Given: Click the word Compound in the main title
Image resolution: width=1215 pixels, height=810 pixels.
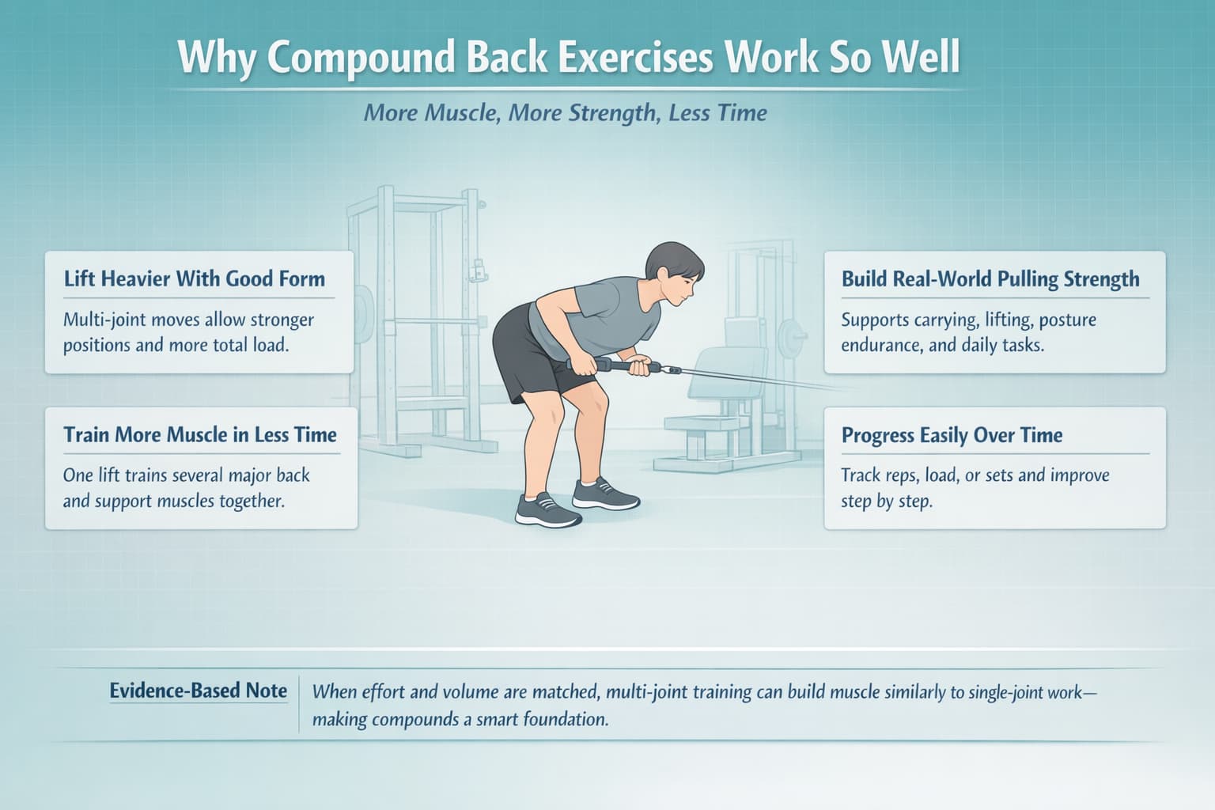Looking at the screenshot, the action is [361, 59].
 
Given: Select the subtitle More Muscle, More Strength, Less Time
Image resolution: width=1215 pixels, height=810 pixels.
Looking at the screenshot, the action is [566, 113].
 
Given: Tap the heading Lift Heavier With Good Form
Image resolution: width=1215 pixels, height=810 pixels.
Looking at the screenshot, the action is [194, 279].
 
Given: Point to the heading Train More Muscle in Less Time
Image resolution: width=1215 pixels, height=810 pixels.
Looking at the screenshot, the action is [200, 434].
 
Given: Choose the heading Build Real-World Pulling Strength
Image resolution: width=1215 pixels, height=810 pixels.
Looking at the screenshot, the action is [990, 279].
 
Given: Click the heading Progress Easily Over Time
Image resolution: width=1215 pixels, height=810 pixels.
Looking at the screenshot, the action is [952, 435].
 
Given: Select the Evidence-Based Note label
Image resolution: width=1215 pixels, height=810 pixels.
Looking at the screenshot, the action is [198, 691].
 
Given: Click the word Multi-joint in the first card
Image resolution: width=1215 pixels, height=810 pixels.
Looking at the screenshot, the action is [104, 320].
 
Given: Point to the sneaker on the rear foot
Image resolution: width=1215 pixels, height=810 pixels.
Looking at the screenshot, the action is [605, 494].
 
